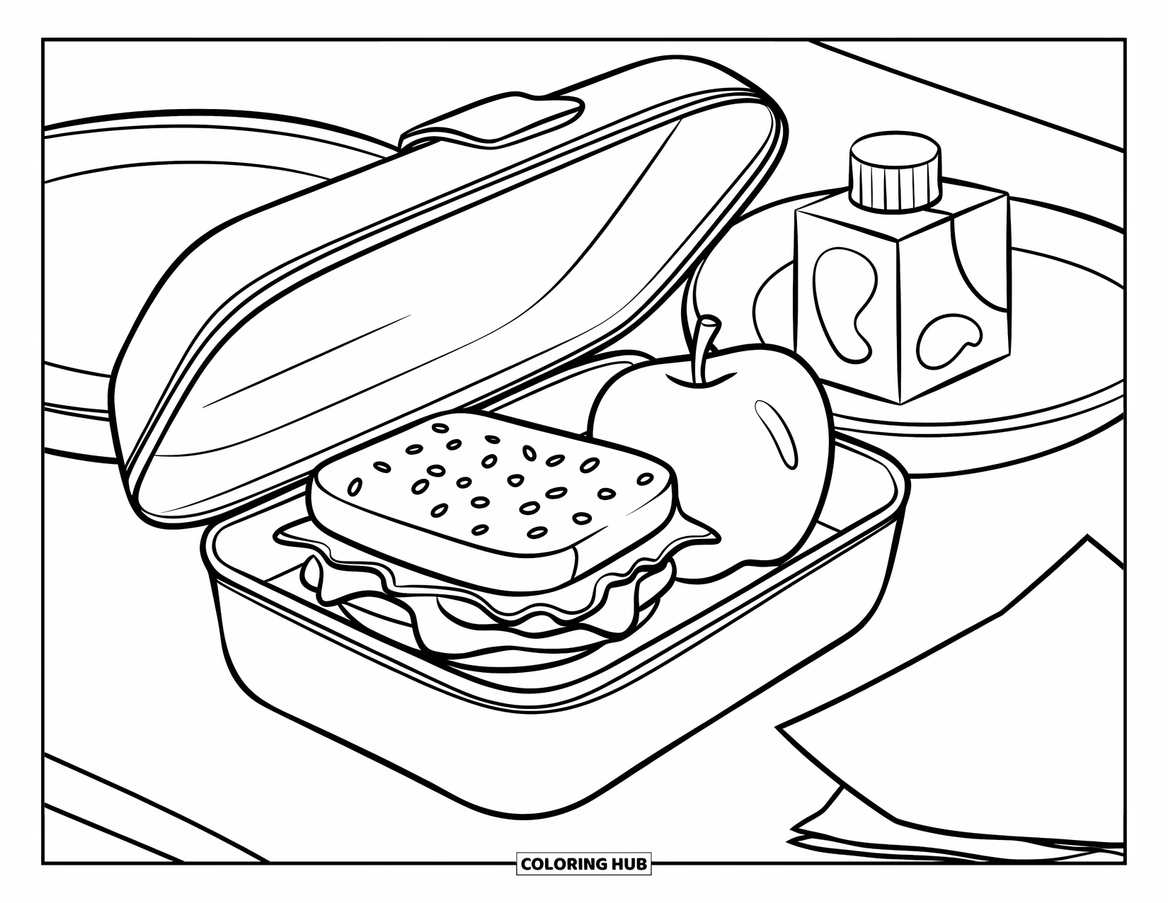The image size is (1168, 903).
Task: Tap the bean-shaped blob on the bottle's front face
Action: pyautogui.click(x=842, y=297)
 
